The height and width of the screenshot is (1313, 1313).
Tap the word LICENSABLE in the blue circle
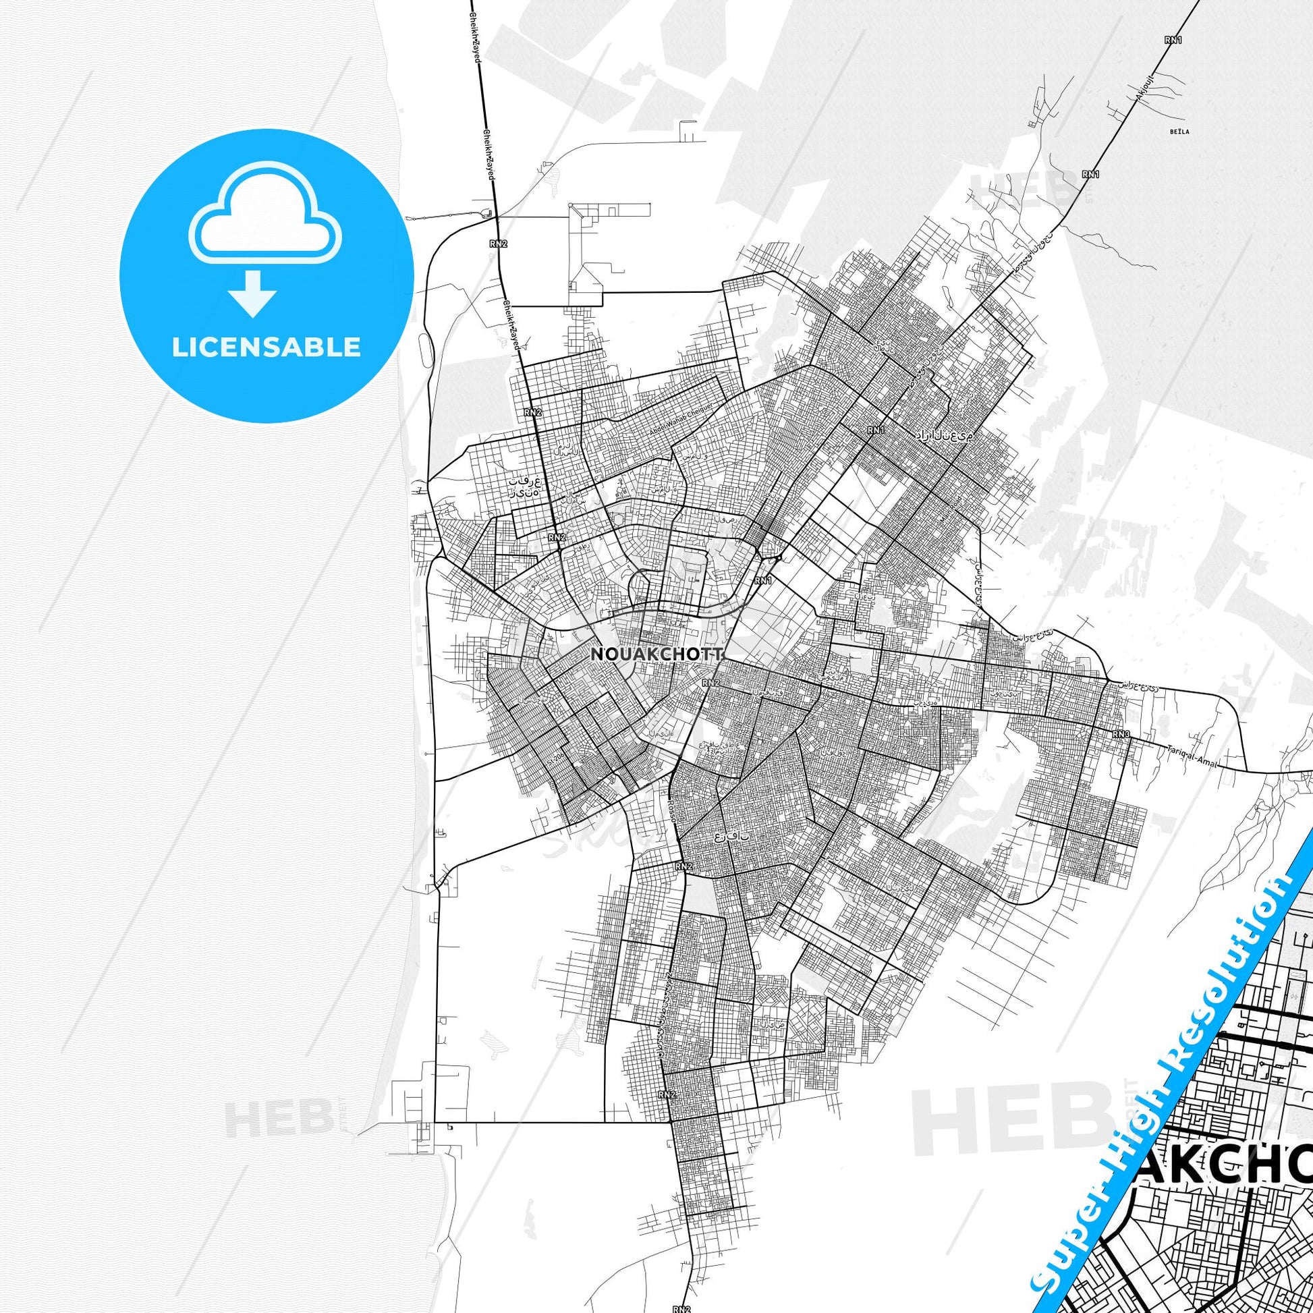coord(267,347)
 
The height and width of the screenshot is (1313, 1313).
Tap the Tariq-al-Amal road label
coord(1190,760)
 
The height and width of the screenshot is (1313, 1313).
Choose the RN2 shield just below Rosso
coord(683,866)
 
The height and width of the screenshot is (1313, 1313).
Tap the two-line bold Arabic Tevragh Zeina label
coord(526,485)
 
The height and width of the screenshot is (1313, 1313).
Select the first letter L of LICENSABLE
coord(179,347)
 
